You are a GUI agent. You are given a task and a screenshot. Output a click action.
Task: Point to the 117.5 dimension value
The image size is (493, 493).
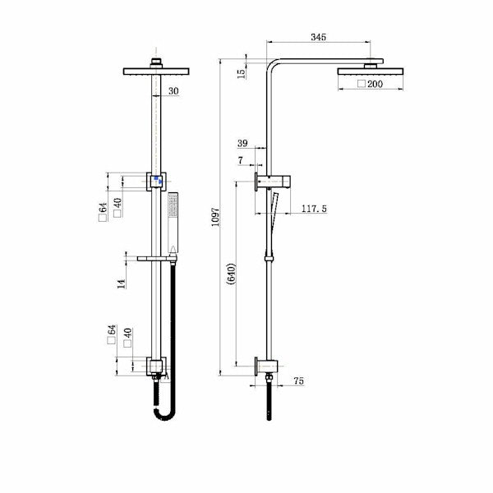314,210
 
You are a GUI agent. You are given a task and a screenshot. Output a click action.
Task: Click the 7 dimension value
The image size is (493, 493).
240,161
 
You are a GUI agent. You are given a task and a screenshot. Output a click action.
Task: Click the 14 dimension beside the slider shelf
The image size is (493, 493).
122,283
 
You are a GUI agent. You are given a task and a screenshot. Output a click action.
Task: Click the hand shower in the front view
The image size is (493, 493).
173,222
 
